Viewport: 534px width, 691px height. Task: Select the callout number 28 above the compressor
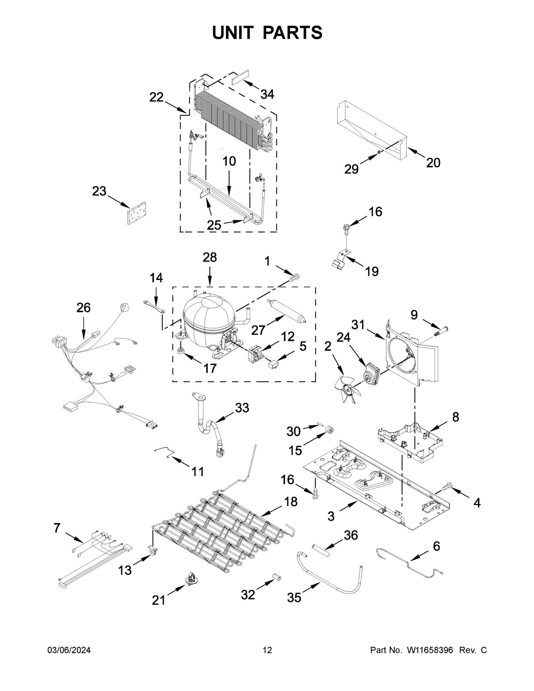[x=210, y=258]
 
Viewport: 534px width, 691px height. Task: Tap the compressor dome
[x=209, y=316]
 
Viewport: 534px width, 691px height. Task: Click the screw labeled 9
[x=441, y=331]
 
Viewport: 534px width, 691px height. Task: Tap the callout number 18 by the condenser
[x=291, y=502]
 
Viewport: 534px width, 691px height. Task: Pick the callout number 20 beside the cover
[x=433, y=163]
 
